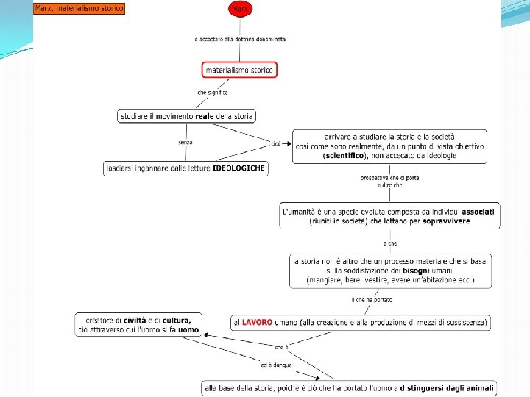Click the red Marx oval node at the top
coord(239,9)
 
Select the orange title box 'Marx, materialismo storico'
coord(79,9)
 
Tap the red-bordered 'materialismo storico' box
coord(239,70)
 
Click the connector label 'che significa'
coord(212,93)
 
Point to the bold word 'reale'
coord(204,116)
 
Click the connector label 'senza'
coord(185,142)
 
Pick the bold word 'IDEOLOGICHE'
coord(239,168)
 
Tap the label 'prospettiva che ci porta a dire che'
coord(381,182)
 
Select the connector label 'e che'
coord(389,243)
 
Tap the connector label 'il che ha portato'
coord(372,299)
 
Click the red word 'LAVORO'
coord(257,322)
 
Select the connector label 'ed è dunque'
coord(276,365)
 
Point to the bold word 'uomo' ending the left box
coord(188,330)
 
